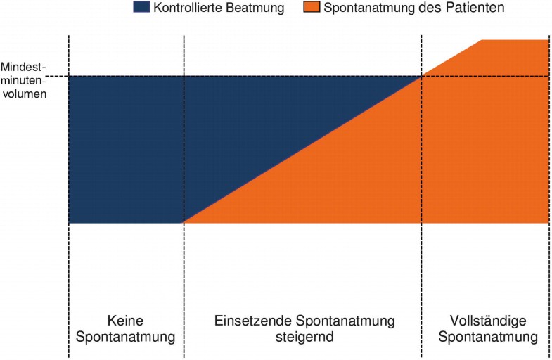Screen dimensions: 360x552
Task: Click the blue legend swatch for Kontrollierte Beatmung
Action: point(141,8)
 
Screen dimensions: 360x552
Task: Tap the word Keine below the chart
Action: point(126,321)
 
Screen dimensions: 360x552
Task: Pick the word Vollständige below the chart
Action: point(487,321)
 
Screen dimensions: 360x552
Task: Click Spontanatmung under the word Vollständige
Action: point(487,337)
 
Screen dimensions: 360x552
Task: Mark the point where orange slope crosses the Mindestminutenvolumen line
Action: point(421,76)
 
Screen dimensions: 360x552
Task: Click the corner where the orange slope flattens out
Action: point(482,40)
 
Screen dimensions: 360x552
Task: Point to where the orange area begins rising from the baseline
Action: point(184,223)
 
